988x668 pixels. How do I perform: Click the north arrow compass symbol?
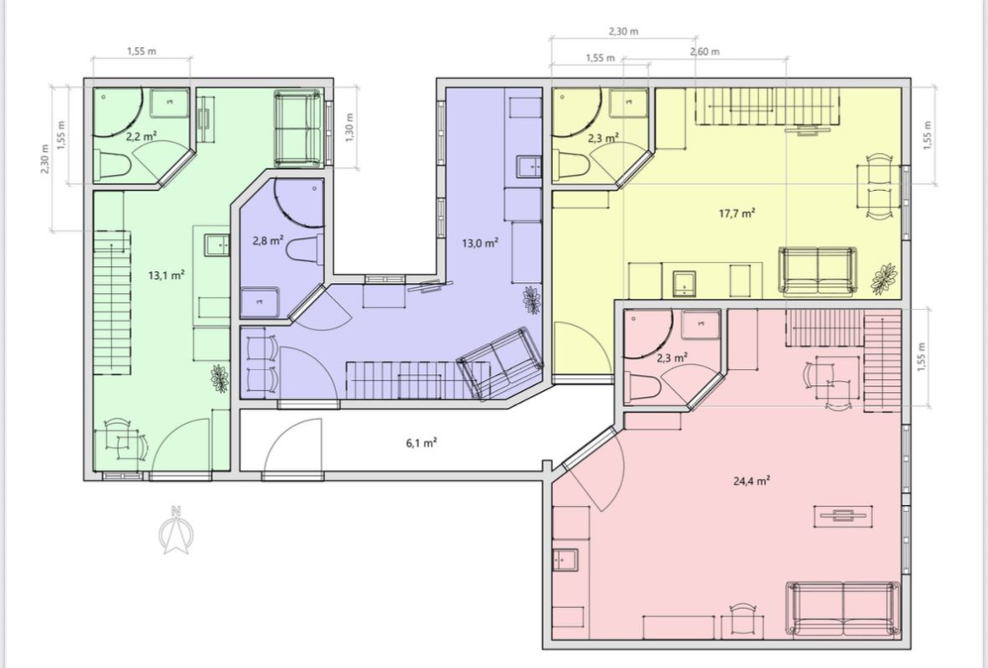point(176,530)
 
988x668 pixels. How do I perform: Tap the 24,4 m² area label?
point(752,481)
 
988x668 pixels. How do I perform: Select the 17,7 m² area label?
point(737,213)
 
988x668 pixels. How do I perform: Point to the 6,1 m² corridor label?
point(421,443)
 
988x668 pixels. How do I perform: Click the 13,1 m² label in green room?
point(166,274)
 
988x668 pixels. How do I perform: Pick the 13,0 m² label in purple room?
point(480,242)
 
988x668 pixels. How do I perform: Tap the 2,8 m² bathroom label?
point(268,240)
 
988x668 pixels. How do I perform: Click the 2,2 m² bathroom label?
point(141,136)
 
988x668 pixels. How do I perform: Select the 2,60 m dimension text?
point(704,52)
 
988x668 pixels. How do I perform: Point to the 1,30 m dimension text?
point(351,127)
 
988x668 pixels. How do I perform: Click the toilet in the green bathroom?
point(112,166)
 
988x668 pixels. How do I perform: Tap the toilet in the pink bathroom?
point(642,386)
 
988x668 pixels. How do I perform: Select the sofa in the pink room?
point(843,610)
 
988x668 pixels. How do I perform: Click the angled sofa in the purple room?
point(501,362)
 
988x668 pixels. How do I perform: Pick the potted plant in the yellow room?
point(884,279)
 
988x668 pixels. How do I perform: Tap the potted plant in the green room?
point(220,378)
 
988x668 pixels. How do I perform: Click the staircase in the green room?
point(112,302)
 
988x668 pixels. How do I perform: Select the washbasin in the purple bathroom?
point(259,302)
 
